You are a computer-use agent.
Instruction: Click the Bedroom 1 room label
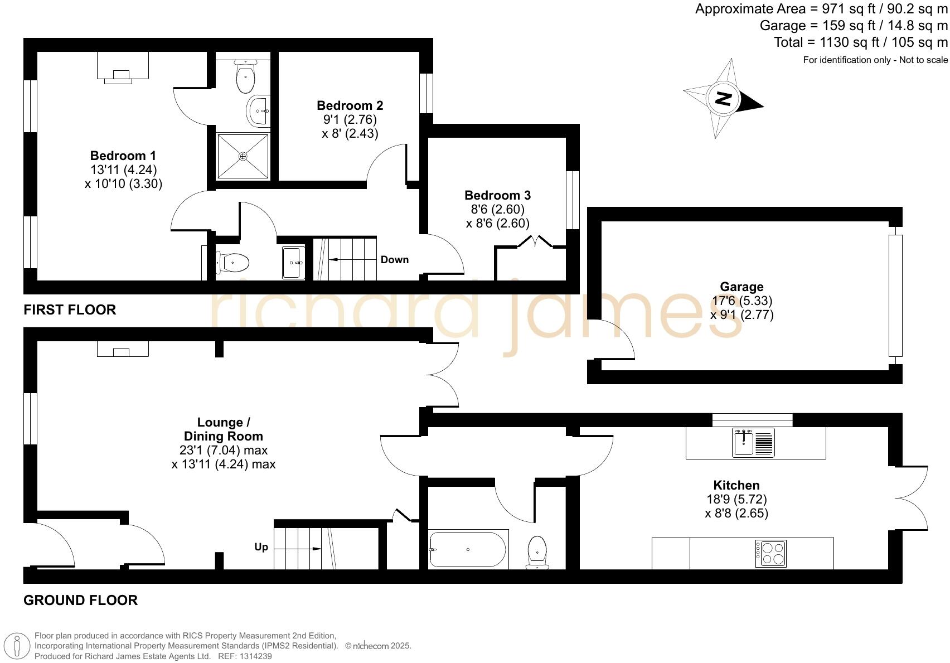click(123, 156)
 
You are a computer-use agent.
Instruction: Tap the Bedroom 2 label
click(350, 105)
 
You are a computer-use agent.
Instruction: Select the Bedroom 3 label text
click(497, 195)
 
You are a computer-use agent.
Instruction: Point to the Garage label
click(741, 287)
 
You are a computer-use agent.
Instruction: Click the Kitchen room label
click(736, 485)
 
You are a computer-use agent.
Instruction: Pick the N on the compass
click(723, 99)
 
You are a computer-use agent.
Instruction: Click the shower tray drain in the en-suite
click(243, 157)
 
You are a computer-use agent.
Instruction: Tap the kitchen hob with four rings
click(771, 554)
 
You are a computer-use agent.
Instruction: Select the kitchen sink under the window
click(745, 443)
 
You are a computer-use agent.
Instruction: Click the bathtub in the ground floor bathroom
click(468, 550)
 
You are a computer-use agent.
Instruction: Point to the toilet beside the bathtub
click(537, 551)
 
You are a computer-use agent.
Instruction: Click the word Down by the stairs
click(395, 260)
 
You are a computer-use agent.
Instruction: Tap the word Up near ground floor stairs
click(261, 547)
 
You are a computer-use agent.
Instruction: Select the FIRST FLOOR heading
click(70, 310)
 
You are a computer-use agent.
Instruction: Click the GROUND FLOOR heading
click(80, 601)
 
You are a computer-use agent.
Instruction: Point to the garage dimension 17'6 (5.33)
click(742, 301)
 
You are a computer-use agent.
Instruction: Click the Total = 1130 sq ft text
click(860, 42)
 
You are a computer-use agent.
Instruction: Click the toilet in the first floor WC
click(232, 262)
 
